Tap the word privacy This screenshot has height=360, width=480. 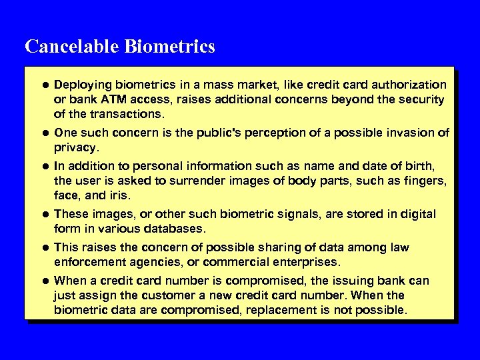75,147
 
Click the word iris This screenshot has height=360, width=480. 119,195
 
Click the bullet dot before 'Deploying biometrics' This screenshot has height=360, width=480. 45,85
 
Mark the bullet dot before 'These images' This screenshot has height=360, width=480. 45,215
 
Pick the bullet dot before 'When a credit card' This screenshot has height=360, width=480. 45,281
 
